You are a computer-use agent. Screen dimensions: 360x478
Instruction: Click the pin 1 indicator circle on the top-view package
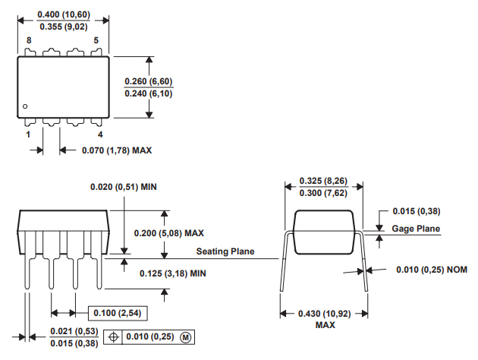(x=25, y=106)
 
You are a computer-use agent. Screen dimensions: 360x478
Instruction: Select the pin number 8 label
(x=29, y=40)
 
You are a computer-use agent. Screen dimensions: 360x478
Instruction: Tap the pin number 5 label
(x=96, y=40)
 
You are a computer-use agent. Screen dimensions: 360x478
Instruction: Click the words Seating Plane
(x=225, y=251)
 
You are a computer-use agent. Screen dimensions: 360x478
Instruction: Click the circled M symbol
(x=185, y=336)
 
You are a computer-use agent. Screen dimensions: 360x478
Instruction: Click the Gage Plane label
(x=416, y=229)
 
